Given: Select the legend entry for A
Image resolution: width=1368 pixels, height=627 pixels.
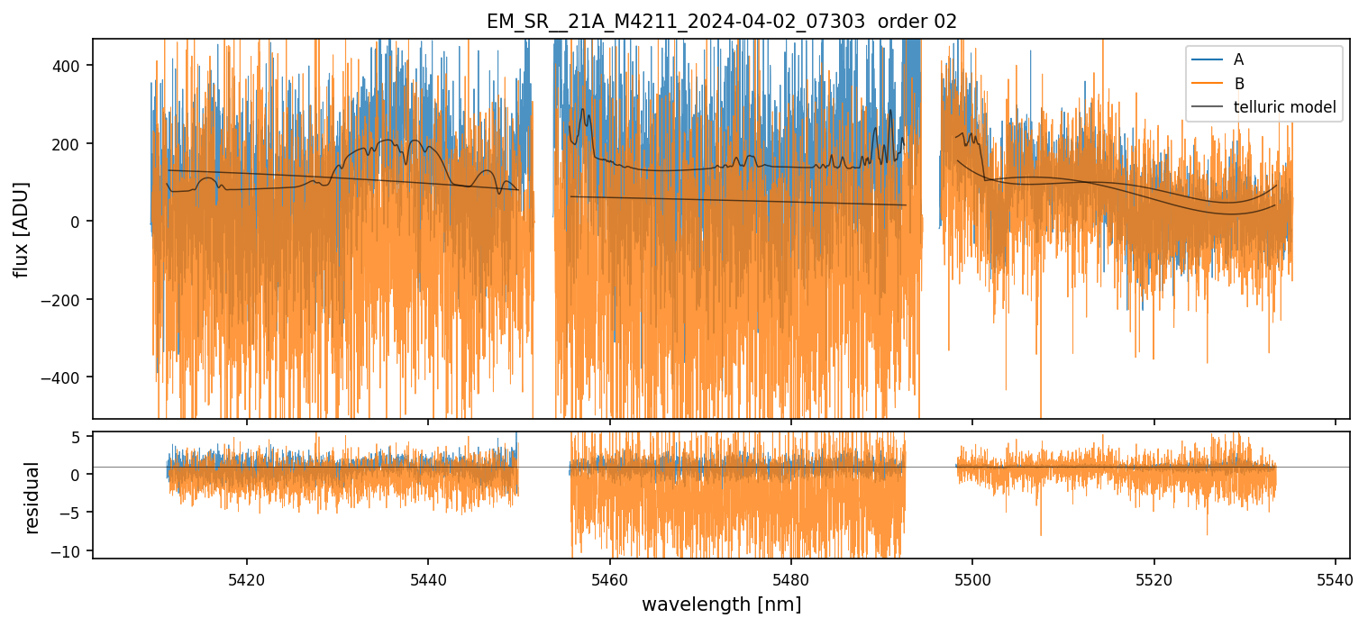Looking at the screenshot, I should click(1238, 59).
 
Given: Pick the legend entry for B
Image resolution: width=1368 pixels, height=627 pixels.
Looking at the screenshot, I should click(1238, 84).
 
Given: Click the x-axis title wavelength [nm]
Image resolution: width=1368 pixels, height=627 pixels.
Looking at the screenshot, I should click(721, 604).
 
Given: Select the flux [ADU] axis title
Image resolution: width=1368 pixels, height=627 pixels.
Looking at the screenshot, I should click(21, 229).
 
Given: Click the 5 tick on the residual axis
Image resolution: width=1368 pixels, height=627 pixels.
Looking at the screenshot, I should click(77, 436).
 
